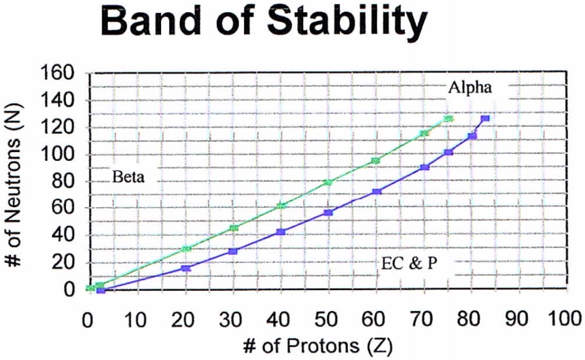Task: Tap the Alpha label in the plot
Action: coord(469,87)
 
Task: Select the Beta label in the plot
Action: coord(129,177)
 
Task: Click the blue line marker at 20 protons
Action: coord(185,268)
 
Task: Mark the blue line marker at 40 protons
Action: coord(281,232)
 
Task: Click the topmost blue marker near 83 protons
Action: coord(484,118)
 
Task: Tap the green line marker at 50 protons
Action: coord(328,182)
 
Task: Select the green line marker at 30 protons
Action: coord(234,228)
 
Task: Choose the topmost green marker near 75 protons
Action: coord(448,119)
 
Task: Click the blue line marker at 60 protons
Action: coord(376,192)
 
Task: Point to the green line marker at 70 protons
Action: coord(425,133)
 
